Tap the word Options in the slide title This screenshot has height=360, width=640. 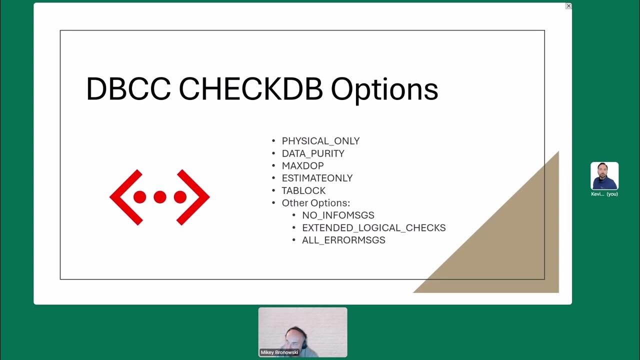(384, 89)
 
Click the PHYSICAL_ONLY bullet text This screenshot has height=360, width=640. (320, 141)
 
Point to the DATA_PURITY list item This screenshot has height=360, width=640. (313, 153)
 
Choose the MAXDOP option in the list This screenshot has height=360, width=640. (302, 165)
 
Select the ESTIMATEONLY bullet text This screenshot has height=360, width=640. (317, 178)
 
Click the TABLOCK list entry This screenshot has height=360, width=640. (303, 190)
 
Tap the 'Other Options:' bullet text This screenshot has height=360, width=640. (316, 203)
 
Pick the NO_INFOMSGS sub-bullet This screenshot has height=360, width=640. (338, 215)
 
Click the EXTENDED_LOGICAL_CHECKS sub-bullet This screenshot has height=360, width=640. (373, 227)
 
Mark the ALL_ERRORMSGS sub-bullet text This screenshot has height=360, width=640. (343, 240)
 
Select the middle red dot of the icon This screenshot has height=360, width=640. (159, 197)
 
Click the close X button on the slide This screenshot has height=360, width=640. (568, 6)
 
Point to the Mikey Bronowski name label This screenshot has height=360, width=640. (278, 352)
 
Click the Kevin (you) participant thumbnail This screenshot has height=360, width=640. (604, 176)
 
